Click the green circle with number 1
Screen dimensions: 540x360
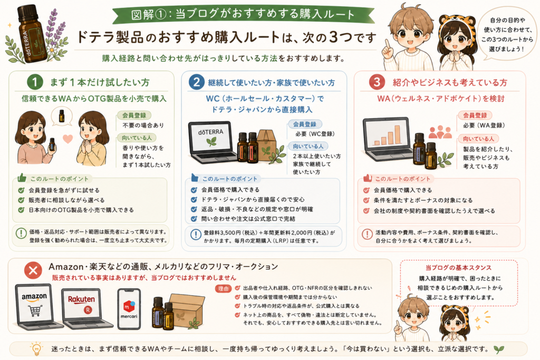(x=35, y=82)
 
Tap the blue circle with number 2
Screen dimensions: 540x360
(x=196, y=82)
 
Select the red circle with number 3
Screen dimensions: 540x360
(x=377, y=82)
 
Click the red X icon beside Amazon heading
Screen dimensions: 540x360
(x=33, y=270)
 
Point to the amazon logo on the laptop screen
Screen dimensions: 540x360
(x=34, y=296)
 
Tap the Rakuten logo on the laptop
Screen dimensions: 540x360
(x=81, y=299)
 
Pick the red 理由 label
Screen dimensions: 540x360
(x=224, y=289)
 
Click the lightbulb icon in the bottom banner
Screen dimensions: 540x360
(x=36, y=348)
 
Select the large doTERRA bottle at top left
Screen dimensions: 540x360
(x=30, y=34)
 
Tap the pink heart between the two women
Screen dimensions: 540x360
(x=68, y=139)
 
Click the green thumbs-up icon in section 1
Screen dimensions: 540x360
(x=22, y=178)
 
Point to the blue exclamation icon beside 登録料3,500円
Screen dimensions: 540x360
(x=196, y=235)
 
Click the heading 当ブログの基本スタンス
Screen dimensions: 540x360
(x=458, y=267)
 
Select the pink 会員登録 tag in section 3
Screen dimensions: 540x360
(x=475, y=115)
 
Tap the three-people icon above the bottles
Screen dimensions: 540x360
(x=440, y=132)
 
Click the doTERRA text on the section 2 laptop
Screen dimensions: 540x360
(x=211, y=132)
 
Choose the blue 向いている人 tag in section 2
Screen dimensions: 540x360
(x=308, y=147)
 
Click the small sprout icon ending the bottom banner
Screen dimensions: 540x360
(x=499, y=349)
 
